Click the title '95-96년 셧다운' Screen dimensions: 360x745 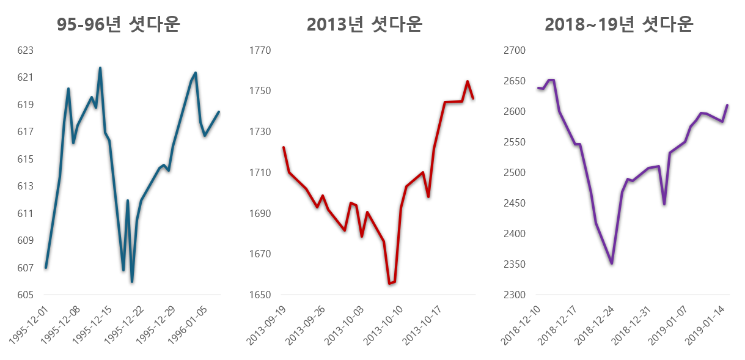click(x=118, y=24)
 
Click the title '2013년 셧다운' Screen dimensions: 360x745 click(x=364, y=24)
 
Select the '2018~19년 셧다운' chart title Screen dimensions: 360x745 click(x=618, y=24)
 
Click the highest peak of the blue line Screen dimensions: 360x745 click(x=100, y=68)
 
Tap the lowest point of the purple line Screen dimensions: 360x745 click(x=611, y=263)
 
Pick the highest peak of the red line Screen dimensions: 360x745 click(x=468, y=81)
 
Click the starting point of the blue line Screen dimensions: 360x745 click(x=46, y=268)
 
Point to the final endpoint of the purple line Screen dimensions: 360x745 click(x=727, y=105)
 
